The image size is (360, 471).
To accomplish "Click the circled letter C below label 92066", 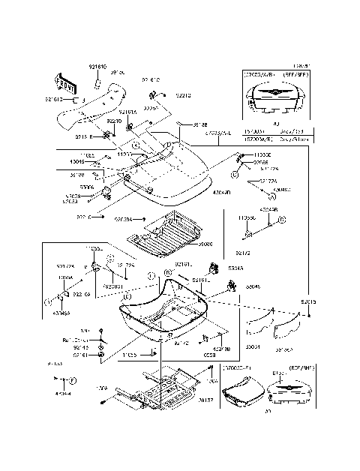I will click(235, 173).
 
